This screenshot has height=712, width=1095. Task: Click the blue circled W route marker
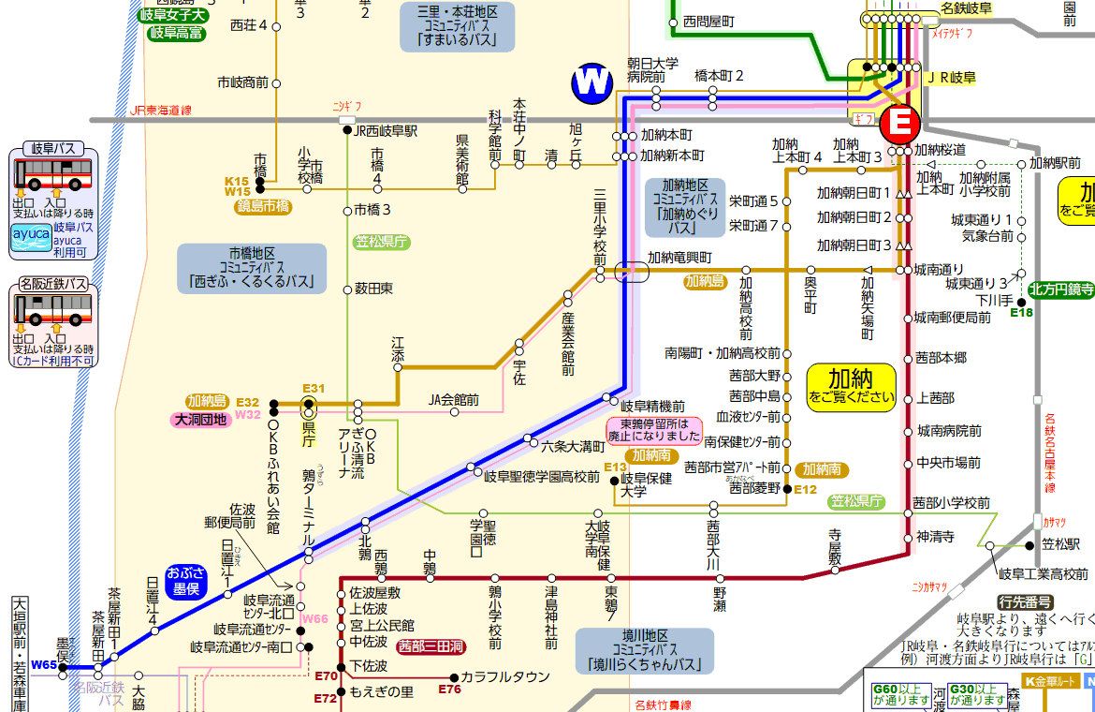(592, 83)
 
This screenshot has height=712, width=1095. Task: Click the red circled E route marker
(900, 123)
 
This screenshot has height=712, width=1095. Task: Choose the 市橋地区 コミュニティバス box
(252, 268)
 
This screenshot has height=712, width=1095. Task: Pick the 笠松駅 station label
(1061, 544)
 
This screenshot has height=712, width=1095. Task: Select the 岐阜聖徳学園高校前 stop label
(542, 476)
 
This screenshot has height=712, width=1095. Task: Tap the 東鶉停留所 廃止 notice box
(654, 429)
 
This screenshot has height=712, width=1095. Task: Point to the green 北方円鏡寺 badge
(1061, 289)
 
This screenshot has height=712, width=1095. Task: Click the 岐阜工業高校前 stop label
(1043, 573)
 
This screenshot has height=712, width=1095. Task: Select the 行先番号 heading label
(1025, 601)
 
